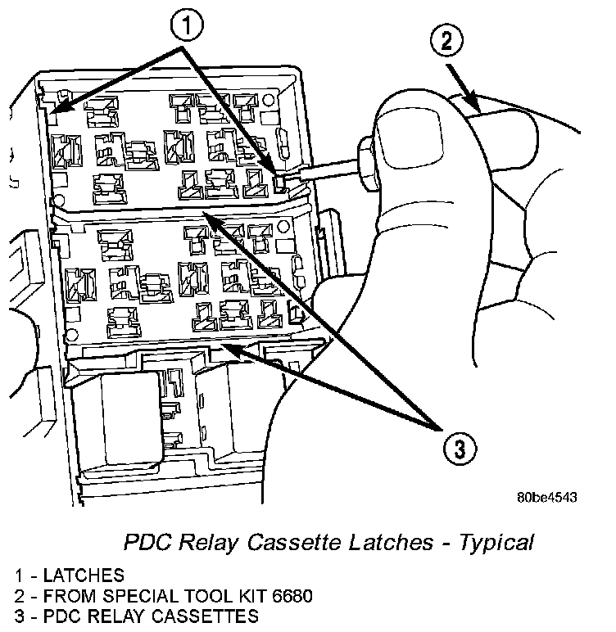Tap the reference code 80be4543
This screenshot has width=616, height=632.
(546, 497)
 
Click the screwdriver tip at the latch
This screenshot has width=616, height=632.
(281, 182)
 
